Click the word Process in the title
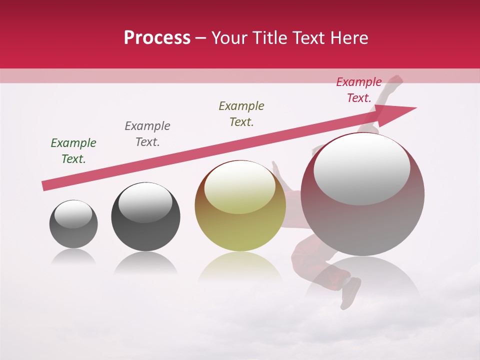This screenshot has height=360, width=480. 157,38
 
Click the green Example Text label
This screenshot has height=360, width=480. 73,151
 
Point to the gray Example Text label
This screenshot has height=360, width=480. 147,134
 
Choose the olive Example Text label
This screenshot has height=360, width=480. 241,114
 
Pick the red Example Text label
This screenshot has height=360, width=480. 359,90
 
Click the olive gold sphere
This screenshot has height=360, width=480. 240,225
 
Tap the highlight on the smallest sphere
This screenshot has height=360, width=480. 73,214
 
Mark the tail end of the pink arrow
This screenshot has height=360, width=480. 46,185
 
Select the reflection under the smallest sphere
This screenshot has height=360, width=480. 73,257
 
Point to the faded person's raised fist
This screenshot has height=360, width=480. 396,80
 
